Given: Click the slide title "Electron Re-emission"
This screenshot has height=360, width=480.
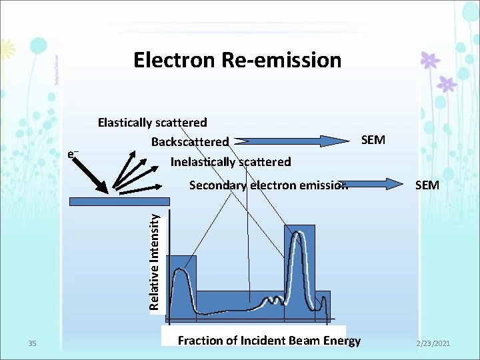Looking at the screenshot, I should (x=237, y=61).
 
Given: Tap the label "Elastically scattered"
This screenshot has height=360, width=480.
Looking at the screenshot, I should (x=152, y=123).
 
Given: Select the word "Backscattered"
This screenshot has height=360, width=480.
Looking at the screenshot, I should (x=189, y=142).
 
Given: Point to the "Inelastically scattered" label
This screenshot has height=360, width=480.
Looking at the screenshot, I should (x=231, y=162).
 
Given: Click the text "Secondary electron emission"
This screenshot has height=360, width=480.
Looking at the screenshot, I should (x=268, y=185).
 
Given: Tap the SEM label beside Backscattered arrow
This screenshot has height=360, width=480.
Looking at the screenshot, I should (x=373, y=140).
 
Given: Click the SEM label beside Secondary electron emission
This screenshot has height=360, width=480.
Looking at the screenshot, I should (x=427, y=185).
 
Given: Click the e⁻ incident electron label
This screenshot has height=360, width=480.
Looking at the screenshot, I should (x=73, y=155).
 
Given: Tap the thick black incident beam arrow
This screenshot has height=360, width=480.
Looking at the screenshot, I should (x=94, y=176).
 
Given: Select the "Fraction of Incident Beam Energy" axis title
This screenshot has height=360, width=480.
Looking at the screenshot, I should (x=269, y=341).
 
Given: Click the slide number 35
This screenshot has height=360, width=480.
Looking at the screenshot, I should (x=33, y=343).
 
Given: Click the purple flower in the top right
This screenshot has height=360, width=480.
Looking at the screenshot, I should (x=430, y=60).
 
